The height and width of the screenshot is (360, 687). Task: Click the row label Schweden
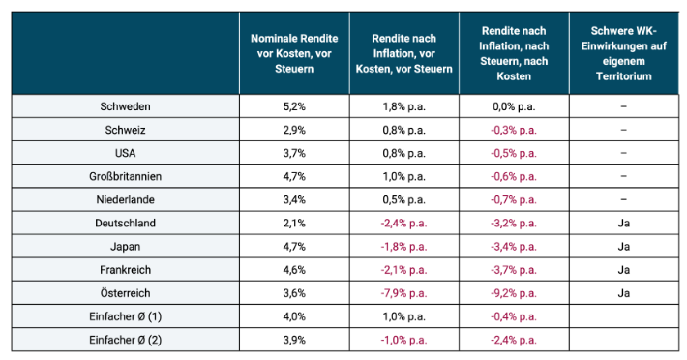tap(126, 106)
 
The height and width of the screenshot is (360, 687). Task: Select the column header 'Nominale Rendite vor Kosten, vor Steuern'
tap(294, 53)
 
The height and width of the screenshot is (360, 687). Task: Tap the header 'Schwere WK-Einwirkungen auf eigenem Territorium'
tap(623, 53)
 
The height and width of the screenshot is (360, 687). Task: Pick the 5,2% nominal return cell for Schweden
tap(294, 106)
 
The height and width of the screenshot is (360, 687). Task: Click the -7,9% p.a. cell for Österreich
tap(403, 293)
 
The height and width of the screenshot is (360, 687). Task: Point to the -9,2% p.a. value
tap(514, 293)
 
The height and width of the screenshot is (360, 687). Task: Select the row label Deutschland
tap(126, 223)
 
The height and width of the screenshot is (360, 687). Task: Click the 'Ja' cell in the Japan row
tap(623, 246)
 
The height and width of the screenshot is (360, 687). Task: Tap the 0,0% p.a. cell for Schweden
tap(514, 106)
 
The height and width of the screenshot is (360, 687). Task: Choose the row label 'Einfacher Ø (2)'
tap(126, 340)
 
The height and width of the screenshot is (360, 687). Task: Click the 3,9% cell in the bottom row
tap(294, 340)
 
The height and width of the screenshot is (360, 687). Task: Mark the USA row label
tap(126, 153)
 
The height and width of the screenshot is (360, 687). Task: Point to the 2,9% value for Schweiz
tap(294, 130)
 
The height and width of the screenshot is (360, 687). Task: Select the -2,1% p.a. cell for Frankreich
tap(403, 270)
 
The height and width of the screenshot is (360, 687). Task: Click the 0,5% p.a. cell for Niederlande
tap(403, 199)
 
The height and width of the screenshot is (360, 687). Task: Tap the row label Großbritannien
tap(126, 176)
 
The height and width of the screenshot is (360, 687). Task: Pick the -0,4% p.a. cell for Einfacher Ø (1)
tap(514, 316)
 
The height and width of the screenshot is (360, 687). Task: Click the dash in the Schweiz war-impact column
tap(623, 130)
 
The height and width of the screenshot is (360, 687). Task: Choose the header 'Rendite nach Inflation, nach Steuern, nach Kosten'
tap(514, 53)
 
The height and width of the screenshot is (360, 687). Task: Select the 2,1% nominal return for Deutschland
tap(294, 223)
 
